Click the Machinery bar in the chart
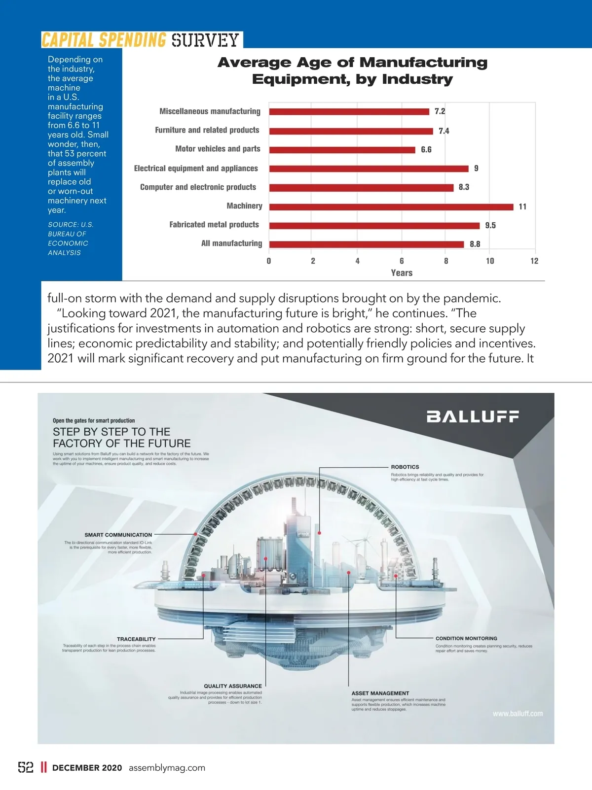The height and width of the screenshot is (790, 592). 391,207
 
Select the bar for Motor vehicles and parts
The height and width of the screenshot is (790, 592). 342,150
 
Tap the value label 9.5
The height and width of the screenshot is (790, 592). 490,226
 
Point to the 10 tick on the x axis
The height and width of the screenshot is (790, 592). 490,261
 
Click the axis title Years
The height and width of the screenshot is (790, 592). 402,273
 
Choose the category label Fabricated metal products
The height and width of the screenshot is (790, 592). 214,225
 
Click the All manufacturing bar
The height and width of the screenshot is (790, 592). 367,244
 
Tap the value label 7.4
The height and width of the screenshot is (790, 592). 444,131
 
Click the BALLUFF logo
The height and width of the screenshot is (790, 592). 473,417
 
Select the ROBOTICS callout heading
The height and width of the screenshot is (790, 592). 405,467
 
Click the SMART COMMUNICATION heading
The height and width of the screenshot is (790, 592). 118,535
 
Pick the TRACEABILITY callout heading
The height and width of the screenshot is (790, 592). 136,639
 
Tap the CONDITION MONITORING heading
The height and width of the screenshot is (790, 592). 466,638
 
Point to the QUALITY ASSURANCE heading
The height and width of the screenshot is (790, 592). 233,686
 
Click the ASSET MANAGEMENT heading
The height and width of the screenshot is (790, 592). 380,693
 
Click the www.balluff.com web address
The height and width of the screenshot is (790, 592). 518,714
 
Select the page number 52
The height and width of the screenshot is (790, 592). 26,767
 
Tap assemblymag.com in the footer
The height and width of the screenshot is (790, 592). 167,768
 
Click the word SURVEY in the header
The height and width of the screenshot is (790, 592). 205,40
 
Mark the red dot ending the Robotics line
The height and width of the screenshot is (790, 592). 320,533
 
